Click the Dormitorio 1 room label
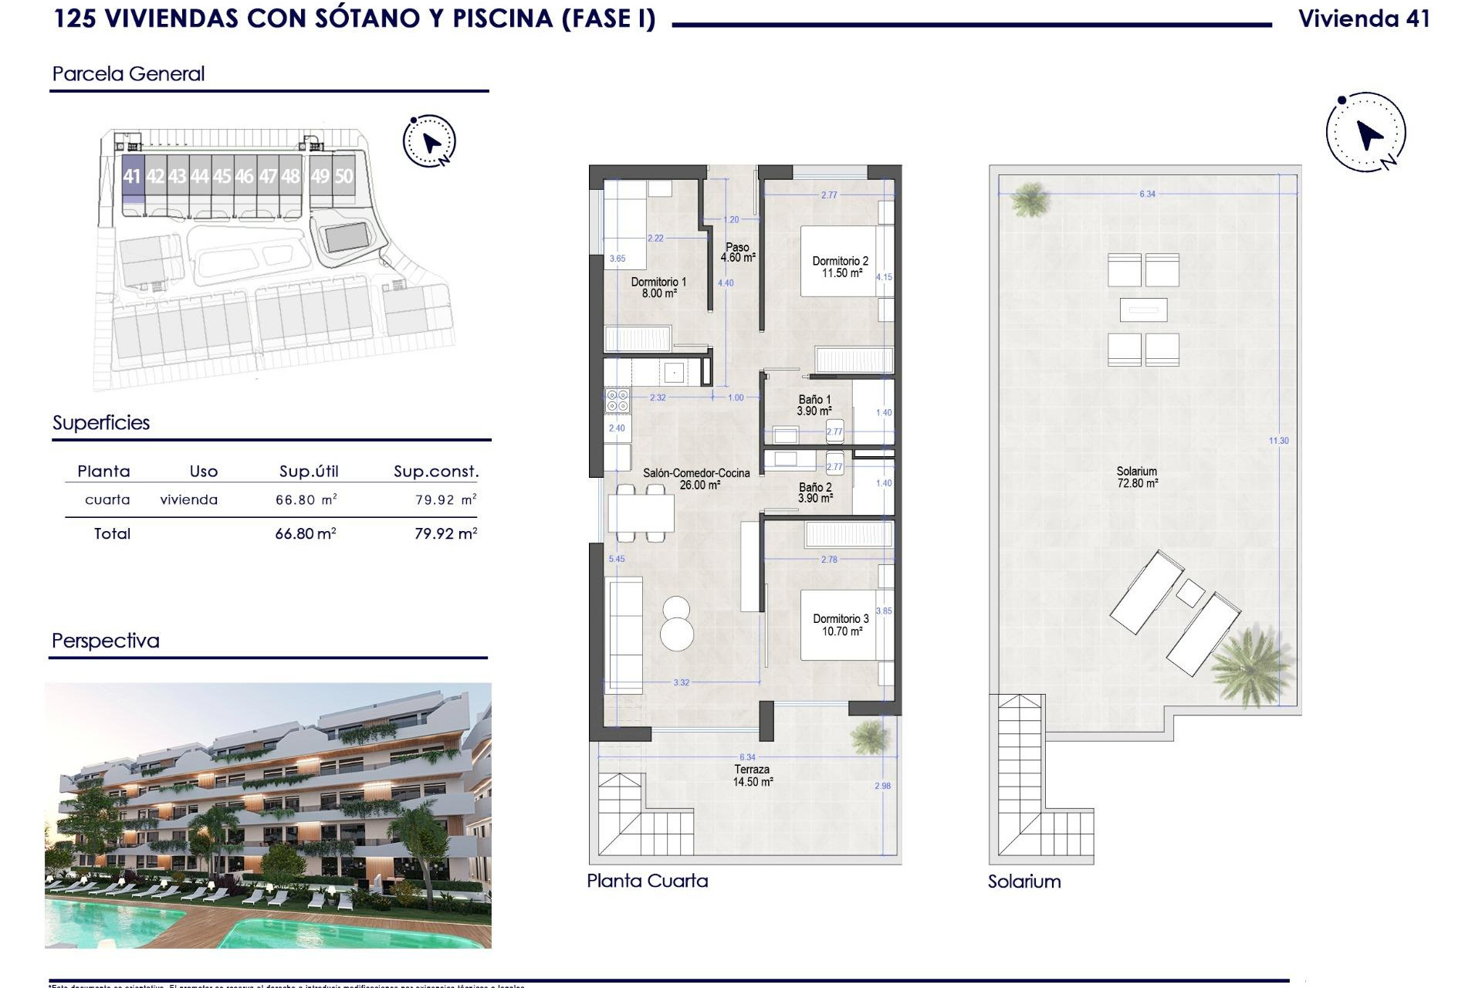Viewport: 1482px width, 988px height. [658, 288]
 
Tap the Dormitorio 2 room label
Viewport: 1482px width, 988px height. [841, 267]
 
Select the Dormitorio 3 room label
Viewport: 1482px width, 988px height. [841, 625]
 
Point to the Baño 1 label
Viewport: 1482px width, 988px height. [814, 405]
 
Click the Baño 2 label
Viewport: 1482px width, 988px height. [815, 493]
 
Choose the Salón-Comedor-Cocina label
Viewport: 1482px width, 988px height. [696, 479]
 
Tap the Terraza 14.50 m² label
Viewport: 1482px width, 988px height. [753, 776]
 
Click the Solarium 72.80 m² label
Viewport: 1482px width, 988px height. [1137, 477]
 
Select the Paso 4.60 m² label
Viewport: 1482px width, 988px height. [737, 252]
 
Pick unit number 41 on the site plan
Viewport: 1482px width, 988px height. [132, 176]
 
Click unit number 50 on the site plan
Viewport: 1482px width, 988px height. [343, 176]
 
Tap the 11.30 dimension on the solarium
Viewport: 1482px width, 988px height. [1279, 441]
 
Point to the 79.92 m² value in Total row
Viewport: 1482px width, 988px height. [445, 533]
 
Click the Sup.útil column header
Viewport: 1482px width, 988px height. [309, 472]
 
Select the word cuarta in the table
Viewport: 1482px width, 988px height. [107, 500]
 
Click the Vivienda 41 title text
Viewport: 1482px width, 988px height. [1364, 19]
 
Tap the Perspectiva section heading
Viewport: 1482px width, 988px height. [106, 641]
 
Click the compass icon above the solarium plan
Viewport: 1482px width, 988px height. [1366, 133]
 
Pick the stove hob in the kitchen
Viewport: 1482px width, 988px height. [617, 400]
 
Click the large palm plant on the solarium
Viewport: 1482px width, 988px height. [1250, 665]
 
